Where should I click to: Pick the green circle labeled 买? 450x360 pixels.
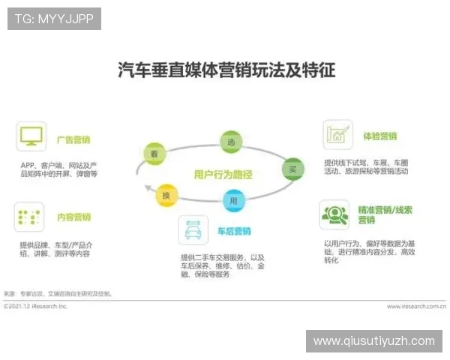[292, 169]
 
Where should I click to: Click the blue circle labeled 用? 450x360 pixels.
[233, 200]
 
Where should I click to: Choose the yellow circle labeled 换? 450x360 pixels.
[166, 196]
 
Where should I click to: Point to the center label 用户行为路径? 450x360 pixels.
[223, 174]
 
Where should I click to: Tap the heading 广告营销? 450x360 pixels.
[73, 139]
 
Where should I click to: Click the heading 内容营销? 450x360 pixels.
[73, 217]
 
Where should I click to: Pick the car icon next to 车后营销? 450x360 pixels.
[193, 230]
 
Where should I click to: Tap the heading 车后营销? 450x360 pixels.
[234, 231]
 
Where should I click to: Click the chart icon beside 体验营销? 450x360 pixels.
[337, 135]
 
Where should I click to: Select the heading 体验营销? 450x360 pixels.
[380, 136]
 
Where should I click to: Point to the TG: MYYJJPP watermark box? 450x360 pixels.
[54, 18]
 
